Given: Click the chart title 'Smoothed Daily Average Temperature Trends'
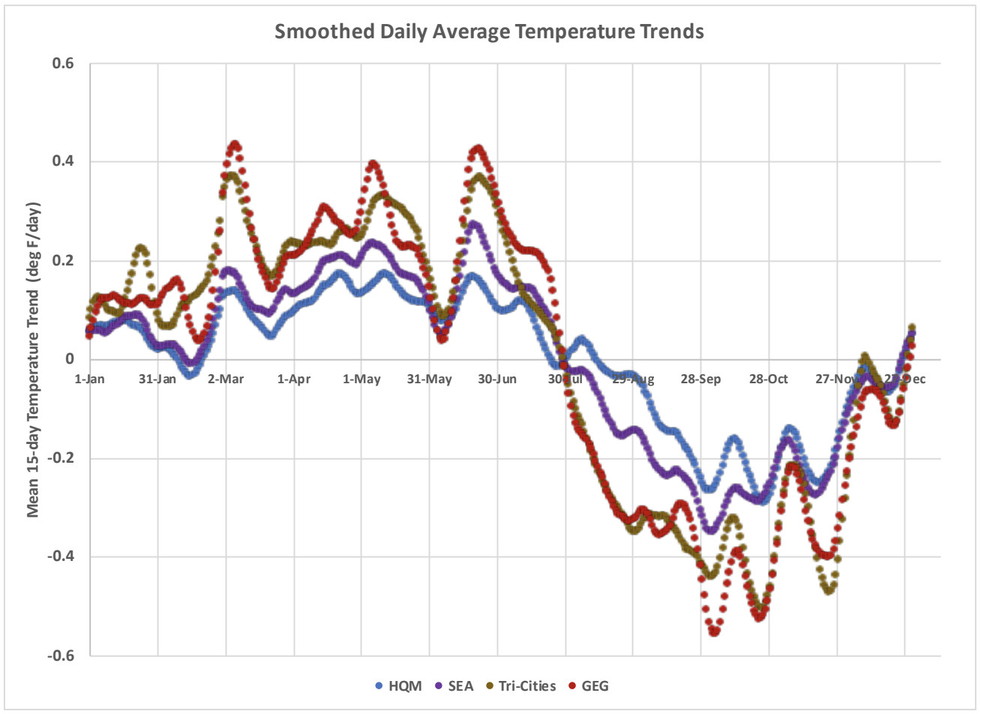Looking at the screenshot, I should click(489, 31).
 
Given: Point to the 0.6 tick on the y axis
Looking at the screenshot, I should click(63, 64).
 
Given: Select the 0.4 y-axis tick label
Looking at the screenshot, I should click(63, 162).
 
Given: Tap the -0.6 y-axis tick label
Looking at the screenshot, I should click(60, 655).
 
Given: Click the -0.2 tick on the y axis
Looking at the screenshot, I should click(60, 458).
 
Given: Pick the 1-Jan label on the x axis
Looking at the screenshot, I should click(90, 379).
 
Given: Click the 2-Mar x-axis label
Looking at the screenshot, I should click(226, 379).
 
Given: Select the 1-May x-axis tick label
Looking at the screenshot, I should click(361, 379).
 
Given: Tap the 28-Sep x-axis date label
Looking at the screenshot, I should click(700, 379).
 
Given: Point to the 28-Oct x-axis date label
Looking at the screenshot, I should click(769, 379).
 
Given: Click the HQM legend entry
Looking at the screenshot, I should click(399, 685).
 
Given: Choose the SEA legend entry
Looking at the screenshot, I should click(454, 685).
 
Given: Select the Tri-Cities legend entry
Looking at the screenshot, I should click(521, 685).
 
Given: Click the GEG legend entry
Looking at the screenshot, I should click(589, 685).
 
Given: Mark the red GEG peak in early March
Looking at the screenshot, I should click(234, 143).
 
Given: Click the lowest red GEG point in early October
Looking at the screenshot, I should click(714, 632).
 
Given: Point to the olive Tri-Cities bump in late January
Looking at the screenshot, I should click(141, 247).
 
